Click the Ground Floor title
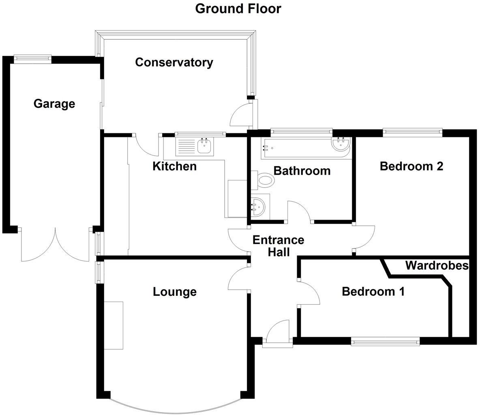tap(238, 9)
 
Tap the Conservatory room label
tap(174, 62)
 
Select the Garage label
tap(54, 104)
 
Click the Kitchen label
tap(174, 166)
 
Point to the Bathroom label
tap(302, 171)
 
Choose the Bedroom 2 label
tap(411, 166)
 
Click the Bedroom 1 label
tap(373, 291)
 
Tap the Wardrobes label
tap(437, 266)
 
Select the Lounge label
tap(174, 292)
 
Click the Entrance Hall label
tap(278, 246)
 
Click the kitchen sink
tap(205, 146)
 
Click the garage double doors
tap(55, 245)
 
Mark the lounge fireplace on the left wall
tap(114, 325)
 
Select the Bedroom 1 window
tap(385, 342)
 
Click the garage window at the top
tap(32, 59)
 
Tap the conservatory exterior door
tap(242, 116)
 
